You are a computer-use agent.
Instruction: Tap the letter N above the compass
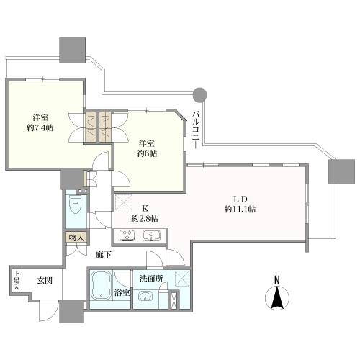click(x=277, y=280)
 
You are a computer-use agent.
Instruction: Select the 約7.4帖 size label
click(x=40, y=128)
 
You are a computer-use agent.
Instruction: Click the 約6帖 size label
click(x=147, y=153)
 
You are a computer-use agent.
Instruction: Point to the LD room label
click(x=240, y=199)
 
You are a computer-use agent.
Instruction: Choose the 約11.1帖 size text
click(x=240, y=210)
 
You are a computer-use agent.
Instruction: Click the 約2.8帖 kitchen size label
click(x=145, y=219)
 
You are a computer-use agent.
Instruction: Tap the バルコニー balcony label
click(x=196, y=130)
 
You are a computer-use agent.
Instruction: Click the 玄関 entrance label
click(x=45, y=280)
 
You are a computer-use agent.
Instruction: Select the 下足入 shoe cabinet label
click(x=17, y=280)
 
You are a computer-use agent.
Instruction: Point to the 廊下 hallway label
click(x=104, y=255)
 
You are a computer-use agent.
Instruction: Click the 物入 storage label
click(x=76, y=238)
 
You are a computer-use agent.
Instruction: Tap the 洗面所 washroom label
click(x=151, y=279)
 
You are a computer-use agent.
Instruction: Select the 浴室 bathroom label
click(x=122, y=292)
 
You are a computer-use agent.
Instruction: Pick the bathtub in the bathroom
click(x=102, y=285)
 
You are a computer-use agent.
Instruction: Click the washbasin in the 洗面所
click(x=145, y=297)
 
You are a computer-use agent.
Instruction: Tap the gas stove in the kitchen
click(x=127, y=235)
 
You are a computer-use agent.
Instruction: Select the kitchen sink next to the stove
click(x=152, y=235)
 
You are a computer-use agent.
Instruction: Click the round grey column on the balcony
click(x=199, y=94)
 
